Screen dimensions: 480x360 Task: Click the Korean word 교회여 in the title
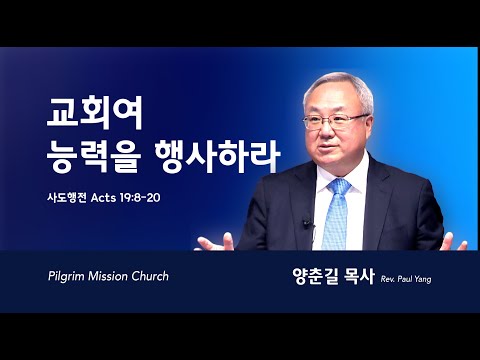tap(95, 113)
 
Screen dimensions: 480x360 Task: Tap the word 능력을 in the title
tap(92, 157)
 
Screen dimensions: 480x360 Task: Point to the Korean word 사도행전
tap(67, 198)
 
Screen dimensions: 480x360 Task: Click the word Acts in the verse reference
tap(103, 198)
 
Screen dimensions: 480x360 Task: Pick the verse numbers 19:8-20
tap(139, 198)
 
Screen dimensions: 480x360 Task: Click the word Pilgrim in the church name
tap(66, 277)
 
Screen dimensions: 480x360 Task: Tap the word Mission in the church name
tap(108, 276)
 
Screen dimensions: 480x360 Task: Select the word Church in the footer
tap(150, 276)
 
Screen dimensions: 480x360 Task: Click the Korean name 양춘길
tap(314, 276)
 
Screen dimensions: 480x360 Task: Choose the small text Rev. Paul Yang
tap(406, 279)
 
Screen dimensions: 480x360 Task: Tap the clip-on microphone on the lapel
tap(307, 223)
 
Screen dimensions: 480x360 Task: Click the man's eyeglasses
tap(335, 121)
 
